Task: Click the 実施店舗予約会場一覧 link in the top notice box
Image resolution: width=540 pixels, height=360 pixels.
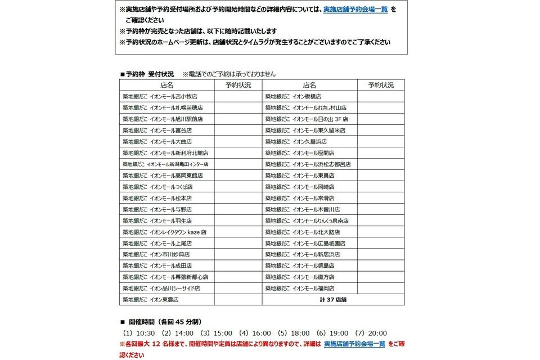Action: [355, 10]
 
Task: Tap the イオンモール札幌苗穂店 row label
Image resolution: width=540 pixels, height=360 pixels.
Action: [163, 107]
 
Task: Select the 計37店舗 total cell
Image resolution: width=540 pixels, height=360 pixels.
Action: [333, 299]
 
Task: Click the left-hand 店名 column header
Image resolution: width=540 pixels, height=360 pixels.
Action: [166, 85]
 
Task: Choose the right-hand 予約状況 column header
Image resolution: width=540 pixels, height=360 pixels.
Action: [381, 85]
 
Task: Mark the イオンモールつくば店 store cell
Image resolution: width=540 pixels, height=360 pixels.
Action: [157, 187]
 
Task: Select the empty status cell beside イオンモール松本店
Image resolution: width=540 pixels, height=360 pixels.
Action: [238, 198]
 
